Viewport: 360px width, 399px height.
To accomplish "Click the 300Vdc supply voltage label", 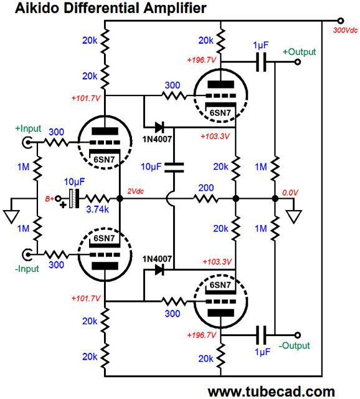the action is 345,31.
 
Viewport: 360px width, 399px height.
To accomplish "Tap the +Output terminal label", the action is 299,52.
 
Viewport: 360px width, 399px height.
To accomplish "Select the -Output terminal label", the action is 294,345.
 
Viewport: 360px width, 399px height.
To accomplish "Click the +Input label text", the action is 28,128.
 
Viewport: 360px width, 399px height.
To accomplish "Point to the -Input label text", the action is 27,269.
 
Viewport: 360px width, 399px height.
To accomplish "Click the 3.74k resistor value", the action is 97,209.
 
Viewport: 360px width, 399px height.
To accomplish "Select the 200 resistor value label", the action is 206,188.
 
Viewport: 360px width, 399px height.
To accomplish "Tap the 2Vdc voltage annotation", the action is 136,191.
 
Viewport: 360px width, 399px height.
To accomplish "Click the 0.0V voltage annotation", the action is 290,193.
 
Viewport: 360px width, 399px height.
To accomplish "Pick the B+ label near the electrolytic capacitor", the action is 49,199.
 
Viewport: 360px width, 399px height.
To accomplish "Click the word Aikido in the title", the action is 37,8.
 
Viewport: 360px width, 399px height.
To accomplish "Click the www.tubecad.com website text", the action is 272,392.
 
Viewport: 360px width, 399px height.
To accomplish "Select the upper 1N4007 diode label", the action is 157,139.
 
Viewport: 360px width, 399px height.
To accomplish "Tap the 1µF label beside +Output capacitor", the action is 260,46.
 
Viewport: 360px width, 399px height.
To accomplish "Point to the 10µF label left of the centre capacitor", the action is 151,166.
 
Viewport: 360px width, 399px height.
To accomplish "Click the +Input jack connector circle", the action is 27,143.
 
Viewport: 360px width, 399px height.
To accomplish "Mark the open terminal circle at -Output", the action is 298,335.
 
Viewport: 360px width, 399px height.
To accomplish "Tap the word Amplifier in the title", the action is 175,8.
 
